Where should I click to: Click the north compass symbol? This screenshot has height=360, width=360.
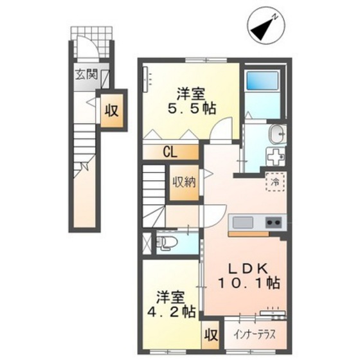click(266, 26)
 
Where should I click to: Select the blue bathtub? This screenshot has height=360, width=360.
click(262, 81)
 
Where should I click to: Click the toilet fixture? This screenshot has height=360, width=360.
click(166, 242)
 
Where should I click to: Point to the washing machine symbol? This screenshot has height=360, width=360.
click(276, 157)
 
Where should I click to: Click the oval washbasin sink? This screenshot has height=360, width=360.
click(278, 134)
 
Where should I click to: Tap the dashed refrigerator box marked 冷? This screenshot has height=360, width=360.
click(275, 182)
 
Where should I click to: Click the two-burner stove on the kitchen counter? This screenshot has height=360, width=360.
click(274, 222)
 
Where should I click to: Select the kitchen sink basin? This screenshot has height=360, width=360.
click(243, 222)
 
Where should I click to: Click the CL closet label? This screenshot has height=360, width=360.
click(170, 152)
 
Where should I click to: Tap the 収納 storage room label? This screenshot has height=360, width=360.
click(184, 183)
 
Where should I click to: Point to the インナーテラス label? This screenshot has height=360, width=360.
click(255, 335)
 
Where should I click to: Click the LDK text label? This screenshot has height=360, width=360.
click(248, 268)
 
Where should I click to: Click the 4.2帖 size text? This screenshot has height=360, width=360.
click(171, 312)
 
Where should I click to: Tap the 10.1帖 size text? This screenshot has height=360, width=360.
click(249, 283)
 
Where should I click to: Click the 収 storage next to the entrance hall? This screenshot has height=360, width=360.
click(112, 111)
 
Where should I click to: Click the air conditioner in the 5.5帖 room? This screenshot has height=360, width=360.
click(145, 79)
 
